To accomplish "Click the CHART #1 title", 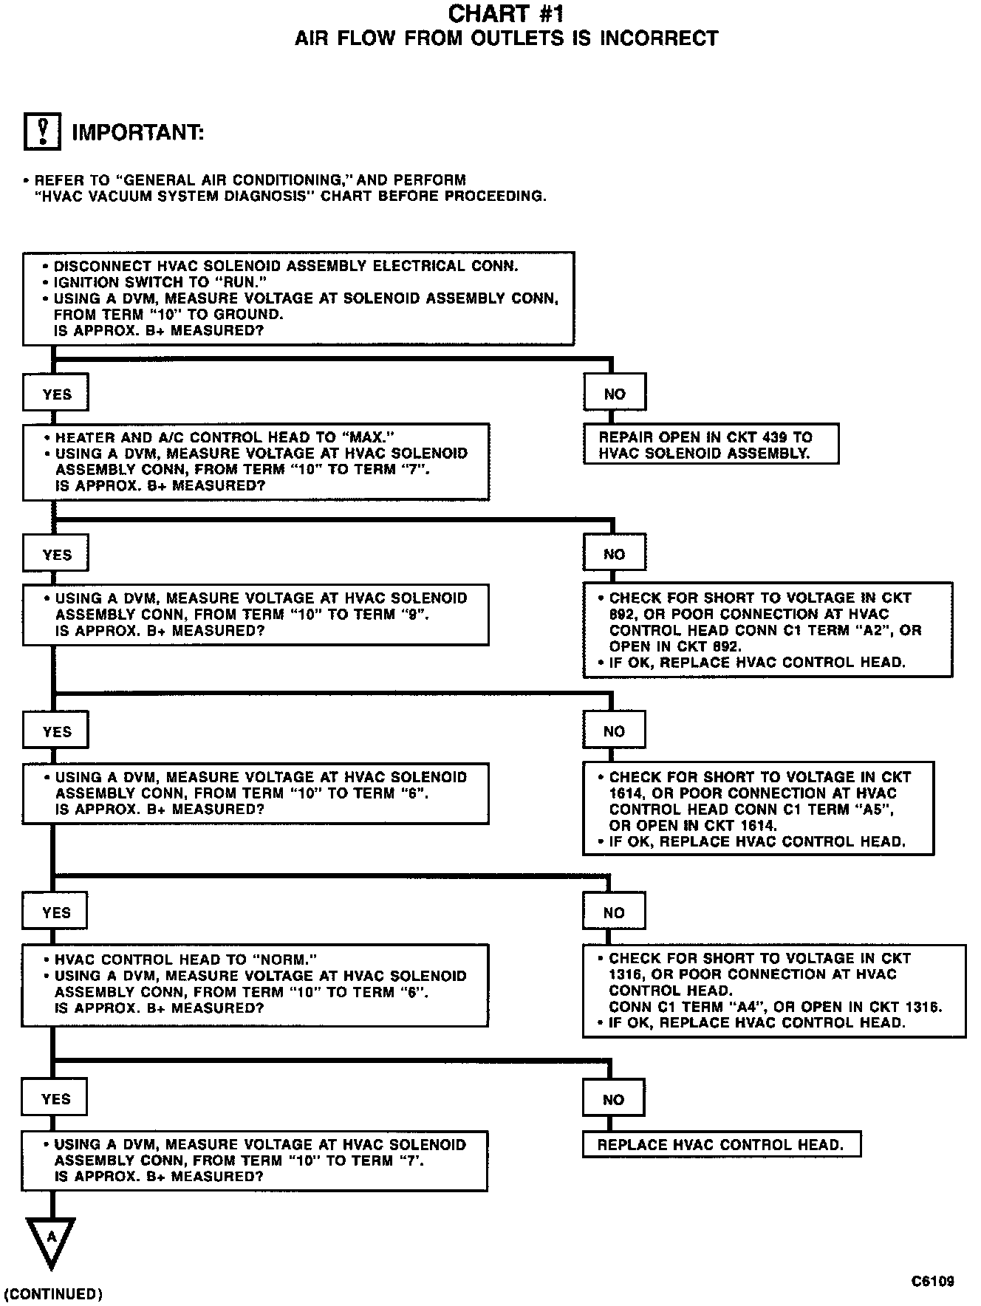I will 506,14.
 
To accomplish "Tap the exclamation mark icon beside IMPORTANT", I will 42,132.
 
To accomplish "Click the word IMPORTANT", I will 137,133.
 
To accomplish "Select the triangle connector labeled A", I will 51,1240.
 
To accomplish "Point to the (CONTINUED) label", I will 53,1293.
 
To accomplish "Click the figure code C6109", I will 932,1281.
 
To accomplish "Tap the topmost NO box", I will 615,394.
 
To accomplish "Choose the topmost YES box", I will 56,394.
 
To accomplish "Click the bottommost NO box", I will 613,1099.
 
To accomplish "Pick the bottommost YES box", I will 55,1099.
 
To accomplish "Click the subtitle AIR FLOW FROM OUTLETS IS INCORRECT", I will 506,38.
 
